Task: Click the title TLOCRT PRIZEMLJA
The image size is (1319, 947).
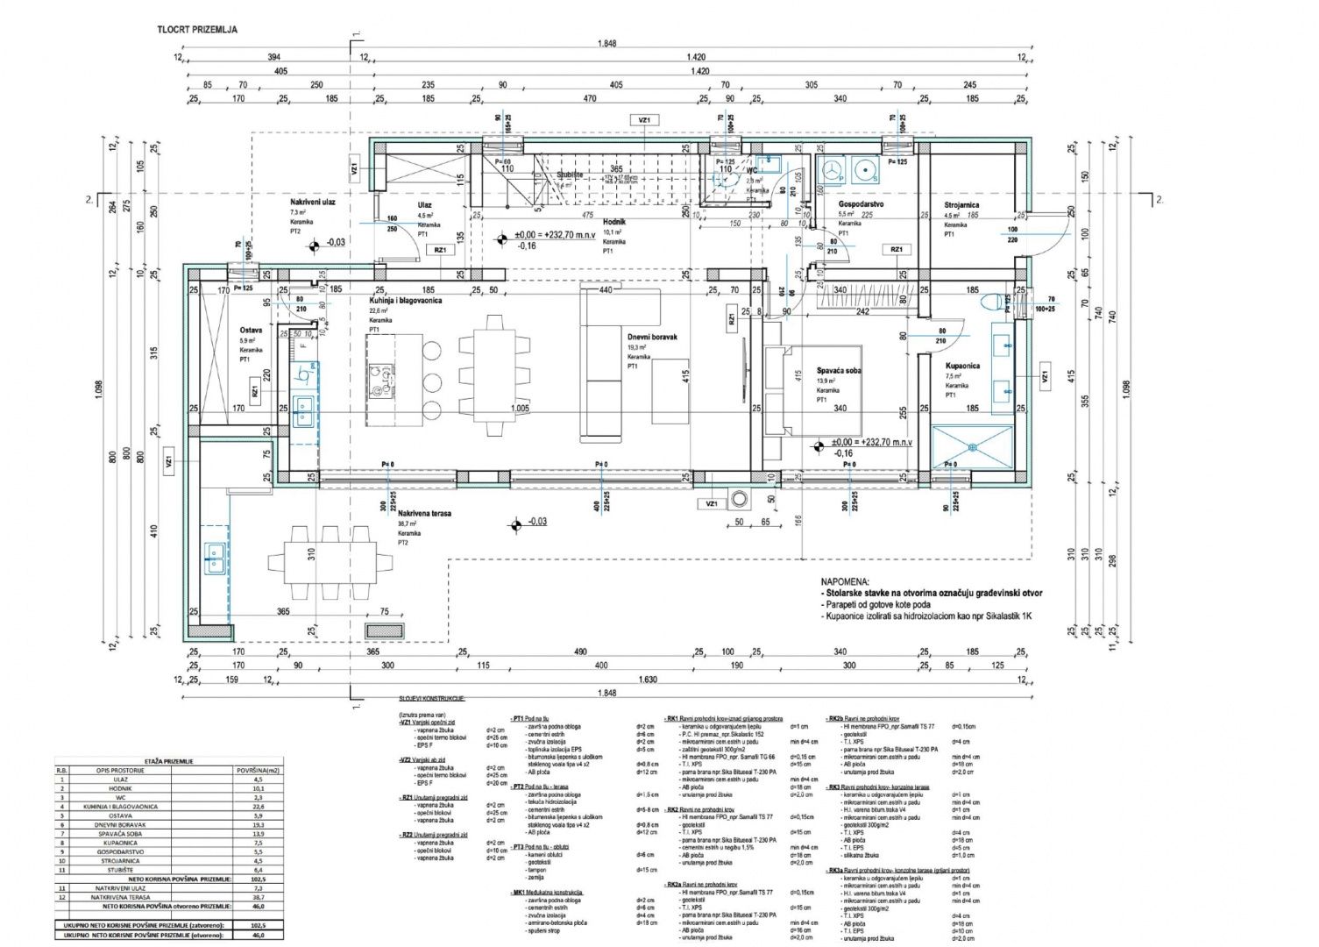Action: point(197,29)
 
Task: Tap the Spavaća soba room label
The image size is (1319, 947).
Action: point(839,371)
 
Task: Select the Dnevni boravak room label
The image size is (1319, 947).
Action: point(652,337)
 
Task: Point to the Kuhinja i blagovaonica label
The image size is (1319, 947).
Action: point(405,300)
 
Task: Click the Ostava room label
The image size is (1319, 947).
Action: point(252,331)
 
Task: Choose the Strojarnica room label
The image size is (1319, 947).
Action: point(961,205)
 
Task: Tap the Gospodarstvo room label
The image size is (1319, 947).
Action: point(859,203)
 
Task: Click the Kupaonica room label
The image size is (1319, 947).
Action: point(962,366)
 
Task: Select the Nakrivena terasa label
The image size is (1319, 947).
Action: point(424,513)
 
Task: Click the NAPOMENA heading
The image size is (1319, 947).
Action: point(845,581)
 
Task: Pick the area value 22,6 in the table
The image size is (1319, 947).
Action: point(257,806)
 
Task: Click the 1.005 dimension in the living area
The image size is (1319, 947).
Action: point(521,409)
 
